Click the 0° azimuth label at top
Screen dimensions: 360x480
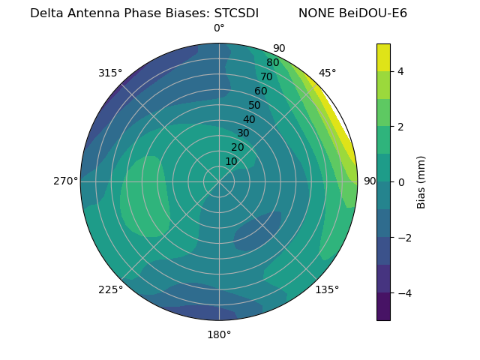[x=219, y=28]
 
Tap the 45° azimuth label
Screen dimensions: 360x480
[x=328, y=73]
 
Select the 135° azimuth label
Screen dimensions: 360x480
[x=327, y=289]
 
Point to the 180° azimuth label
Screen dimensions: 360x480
[x=219, y=334]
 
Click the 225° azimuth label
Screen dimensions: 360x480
[x=110, y=289]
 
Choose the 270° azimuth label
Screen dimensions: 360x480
[x=65, y=181]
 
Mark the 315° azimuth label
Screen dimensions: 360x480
[x=110, y=73]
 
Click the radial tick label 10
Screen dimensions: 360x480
[x=231, y=161]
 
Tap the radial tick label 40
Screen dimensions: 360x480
[x=249, y=119]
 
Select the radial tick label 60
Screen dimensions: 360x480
[x=260, y=91]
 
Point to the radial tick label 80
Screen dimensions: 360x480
[x=272, y=63]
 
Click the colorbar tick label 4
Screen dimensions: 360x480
[x=400, y=71]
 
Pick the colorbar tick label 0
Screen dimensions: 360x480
[x=400, y=182]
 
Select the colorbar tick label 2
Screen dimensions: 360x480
[x=400, y=127]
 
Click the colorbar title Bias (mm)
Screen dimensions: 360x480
[x=421, y=181]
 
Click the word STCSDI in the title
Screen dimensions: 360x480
[x=236, y=13]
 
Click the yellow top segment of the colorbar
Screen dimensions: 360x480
[x=383, y=57]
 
